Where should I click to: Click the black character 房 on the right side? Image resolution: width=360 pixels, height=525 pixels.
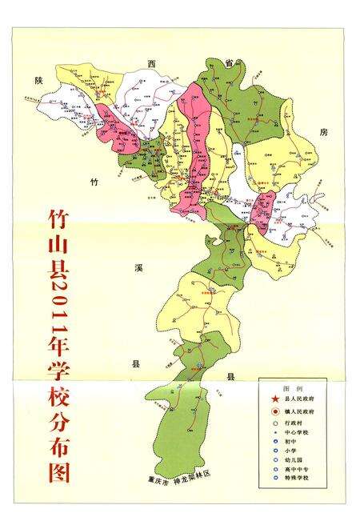323,130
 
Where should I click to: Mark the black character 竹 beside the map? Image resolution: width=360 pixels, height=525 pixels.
94,182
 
